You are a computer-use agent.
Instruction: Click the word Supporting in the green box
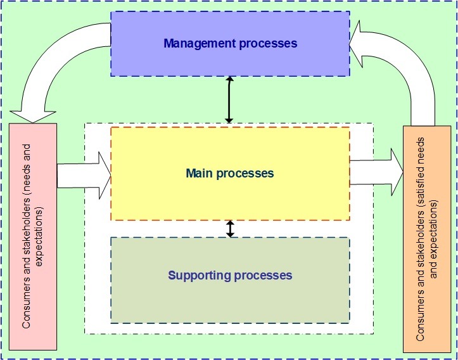tap(199, 275)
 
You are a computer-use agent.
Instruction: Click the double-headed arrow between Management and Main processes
tap(230, 100)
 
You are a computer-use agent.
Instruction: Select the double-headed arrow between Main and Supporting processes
tap(230, 228)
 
